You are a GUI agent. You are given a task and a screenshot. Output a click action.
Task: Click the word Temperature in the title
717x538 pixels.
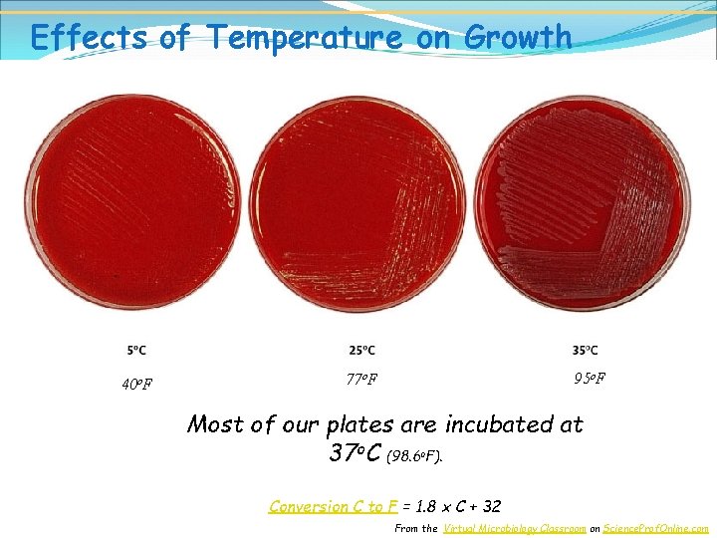pos(306,37)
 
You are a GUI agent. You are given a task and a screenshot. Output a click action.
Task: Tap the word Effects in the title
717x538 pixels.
pos(88,37)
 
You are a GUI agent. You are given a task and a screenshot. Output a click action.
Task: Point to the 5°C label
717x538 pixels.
pos(137,350)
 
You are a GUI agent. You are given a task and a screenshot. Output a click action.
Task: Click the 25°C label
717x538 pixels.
pos(362,350)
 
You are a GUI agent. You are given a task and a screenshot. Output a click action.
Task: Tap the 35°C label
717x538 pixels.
pos(586,350)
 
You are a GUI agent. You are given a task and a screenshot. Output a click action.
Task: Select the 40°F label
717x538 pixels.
pos(137,384)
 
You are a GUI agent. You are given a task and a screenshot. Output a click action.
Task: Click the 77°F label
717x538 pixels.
pos(361,379)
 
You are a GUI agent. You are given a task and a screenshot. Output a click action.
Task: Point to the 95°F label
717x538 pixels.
pos(590,378)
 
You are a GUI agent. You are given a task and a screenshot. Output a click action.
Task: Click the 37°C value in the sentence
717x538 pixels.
pos(355,453)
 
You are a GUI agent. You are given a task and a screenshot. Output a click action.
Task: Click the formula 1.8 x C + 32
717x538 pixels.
pos(457,506)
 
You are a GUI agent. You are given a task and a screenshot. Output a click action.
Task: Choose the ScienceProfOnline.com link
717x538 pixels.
pos(656,528)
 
